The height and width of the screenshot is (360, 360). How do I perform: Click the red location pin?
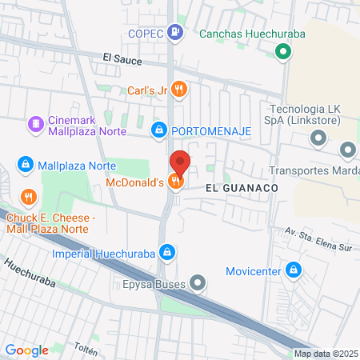(x=179, y=163)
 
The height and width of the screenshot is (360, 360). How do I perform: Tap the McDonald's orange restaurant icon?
(x=175, y=182)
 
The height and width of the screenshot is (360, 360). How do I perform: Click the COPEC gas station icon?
(x=176, y=33)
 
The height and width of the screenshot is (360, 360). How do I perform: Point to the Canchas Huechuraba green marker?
(x=282, y=53)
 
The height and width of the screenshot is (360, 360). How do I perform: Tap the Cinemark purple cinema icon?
(x=35, y=124)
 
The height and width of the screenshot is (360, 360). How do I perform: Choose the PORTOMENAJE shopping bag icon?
(x=160, y=129)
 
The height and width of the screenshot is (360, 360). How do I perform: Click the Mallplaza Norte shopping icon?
(x=26, y=165)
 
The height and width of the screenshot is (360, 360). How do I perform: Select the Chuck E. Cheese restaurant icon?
(x=29, y=196)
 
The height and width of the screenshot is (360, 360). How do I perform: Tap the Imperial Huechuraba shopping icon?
(x=166, y=254)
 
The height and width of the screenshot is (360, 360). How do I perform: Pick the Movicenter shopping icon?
(x=294, y=271)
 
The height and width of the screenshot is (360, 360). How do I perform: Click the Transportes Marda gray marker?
(x=347, y=150)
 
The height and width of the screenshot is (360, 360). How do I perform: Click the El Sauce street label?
(x=122, y=58)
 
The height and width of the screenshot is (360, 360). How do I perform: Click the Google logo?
(x=26, y=350)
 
